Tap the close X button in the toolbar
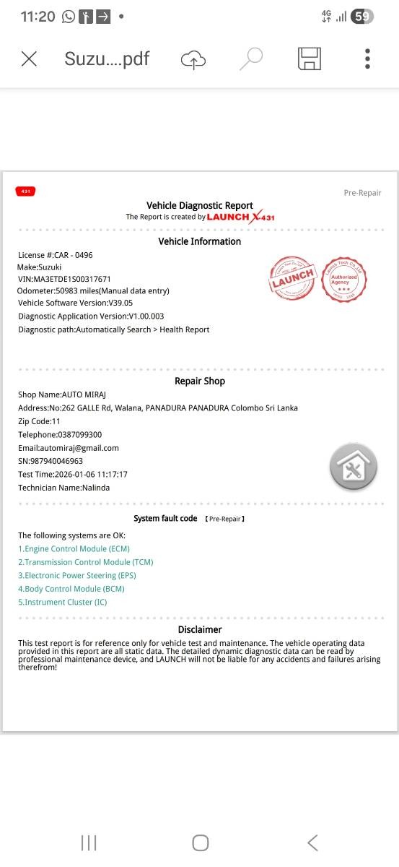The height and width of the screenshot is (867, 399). pos(29,59)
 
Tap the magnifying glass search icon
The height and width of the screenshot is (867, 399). pos(250,59)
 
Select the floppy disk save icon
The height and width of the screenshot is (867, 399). pos(309,59)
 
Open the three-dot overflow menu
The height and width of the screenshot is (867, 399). pos(367,59)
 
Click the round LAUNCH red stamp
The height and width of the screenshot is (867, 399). pos(292,278)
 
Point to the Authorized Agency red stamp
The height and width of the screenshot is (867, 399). pos(344,280)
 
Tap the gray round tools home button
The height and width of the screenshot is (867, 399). pos(354,467)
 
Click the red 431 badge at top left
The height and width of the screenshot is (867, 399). pos(25,191)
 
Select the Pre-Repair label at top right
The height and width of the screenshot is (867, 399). pos(362,193)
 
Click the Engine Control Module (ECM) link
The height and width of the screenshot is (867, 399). pos(74,549)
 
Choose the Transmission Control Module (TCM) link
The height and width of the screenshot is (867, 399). pos(85,562)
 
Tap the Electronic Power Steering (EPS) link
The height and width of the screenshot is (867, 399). pos(76,576)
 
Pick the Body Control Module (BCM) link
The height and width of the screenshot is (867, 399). pos(71,589)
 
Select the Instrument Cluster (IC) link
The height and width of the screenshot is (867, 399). pos(62,602)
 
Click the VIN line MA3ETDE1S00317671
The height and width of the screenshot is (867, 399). pos(64,279)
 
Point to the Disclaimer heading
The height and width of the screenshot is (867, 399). pos(200,629)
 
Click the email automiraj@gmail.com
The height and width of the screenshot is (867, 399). pos(69,448)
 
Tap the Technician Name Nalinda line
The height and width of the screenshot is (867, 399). pos(64,488)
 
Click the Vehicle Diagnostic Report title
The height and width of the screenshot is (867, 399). pos(200,206)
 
